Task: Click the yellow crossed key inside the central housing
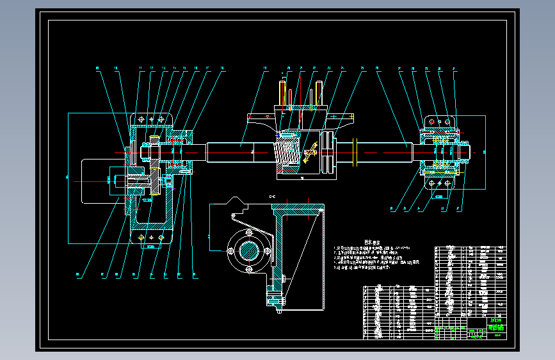click(312, 152)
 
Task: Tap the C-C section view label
click(272, 196)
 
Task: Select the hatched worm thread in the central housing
click(287, 152)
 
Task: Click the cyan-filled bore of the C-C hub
click(249, 250)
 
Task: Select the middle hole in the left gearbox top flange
click(152, 119)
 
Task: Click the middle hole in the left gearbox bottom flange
click(152, 239)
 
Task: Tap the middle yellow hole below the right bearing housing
click(440, 183)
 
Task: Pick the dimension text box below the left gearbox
click(151, 247)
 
